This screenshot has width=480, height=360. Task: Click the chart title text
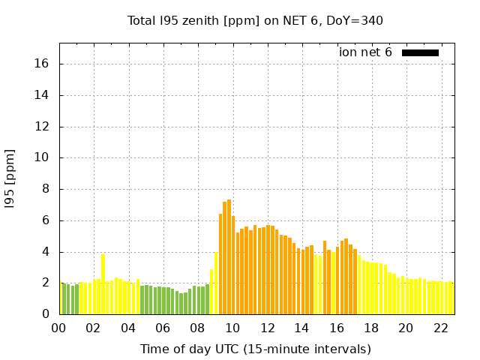click(255, 20)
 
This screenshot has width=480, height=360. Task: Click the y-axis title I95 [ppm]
click(10, 178)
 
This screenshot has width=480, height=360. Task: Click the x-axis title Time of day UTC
click(255, 349)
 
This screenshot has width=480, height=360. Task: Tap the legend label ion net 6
click(365, 52)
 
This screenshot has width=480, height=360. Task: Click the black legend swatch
click(420, 52)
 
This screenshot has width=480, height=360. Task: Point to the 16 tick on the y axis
click(42, 64)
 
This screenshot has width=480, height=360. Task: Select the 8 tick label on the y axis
click(46, 189)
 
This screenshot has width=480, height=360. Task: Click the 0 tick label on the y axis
click(46, 314)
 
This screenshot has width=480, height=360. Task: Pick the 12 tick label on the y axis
click(42, 127)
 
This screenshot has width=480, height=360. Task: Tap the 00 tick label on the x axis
click(58, 328)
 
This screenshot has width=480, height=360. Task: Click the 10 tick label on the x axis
click(232, 328)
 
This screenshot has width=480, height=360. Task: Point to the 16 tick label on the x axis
click(336, 328)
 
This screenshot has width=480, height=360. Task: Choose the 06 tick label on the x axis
click(163, 328)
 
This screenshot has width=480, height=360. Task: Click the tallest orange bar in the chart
click(229, 257)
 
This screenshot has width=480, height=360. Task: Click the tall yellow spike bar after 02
click(103, 285)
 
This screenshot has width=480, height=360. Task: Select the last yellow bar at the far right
click(451, 298)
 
